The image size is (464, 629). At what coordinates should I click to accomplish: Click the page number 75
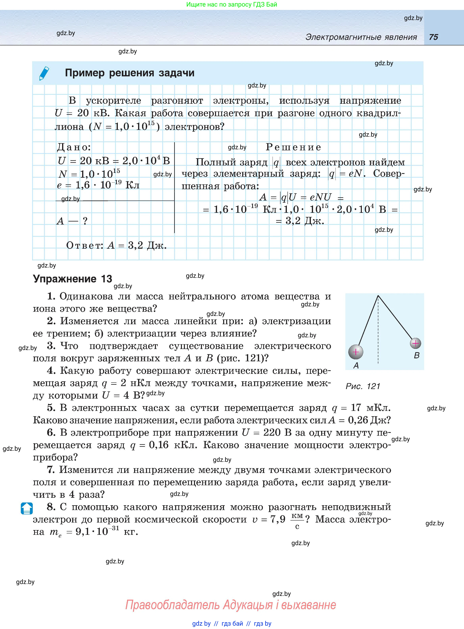[433, 37]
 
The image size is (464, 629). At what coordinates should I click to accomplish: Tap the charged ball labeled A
[355, 352]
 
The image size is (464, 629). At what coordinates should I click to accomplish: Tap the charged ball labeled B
[415, 343]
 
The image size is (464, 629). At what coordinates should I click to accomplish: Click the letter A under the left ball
[356, 365]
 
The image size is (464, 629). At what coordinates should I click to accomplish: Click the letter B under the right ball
[417, 355]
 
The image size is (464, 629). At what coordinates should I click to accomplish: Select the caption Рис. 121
[363, 386]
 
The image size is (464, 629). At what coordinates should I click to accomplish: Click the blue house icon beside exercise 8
[27, 508]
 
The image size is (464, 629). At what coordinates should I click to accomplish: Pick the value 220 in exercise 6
[272, 432]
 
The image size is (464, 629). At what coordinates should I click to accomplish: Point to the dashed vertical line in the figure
[378, 331]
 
